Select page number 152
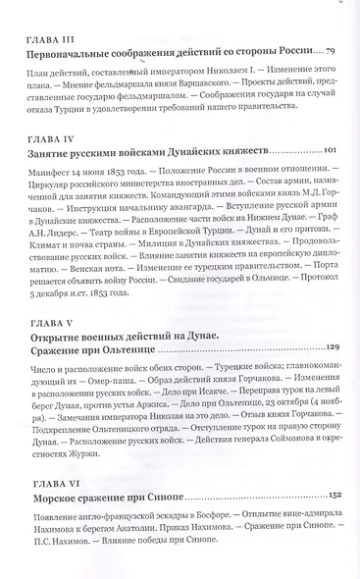[331, 515]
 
